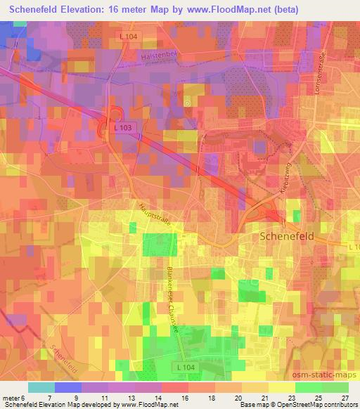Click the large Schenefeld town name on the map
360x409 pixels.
click(286, 237)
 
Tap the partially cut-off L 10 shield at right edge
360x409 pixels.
click(353, 246)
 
